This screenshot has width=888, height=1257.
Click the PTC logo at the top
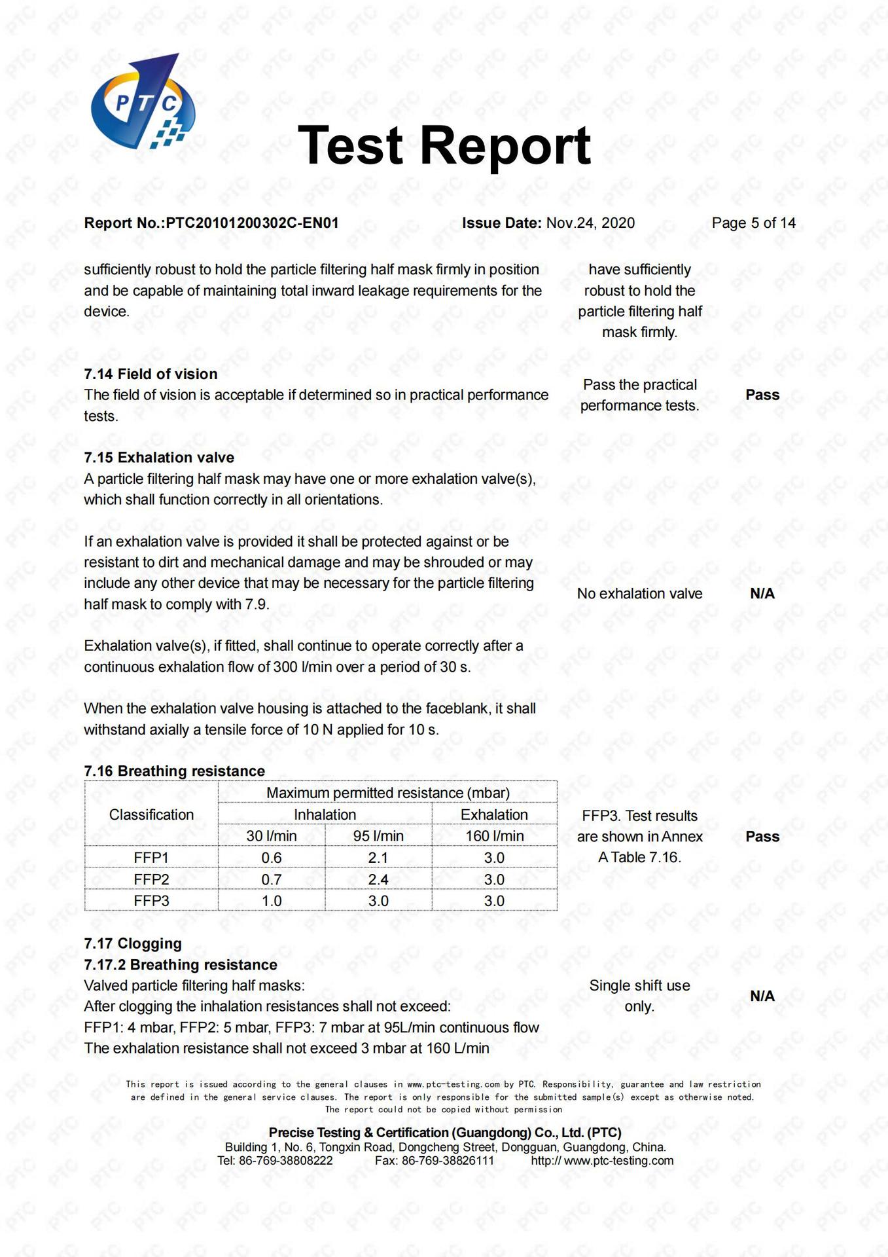click(143, 101)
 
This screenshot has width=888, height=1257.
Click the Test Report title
click(444, 145)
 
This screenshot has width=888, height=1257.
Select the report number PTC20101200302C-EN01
click(252, 223)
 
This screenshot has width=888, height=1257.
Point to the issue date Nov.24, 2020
click(590, 223)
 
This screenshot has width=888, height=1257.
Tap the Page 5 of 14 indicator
click(753, 223)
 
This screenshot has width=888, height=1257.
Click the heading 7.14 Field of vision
click(151, 374)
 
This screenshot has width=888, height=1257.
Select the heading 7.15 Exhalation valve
click(159, 458)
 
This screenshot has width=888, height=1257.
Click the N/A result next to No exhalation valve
click(762, 594)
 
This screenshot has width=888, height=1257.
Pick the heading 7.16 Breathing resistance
click(174, 771)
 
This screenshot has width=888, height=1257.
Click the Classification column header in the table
click(151, 814)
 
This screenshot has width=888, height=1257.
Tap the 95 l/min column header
click(378, 836)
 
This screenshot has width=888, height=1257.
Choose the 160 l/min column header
click(494, 836)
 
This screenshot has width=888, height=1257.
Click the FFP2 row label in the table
click(151, 879)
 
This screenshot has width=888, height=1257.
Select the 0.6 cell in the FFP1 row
click(272, 858)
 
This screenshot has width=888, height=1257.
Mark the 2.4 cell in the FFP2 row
click(378, 879)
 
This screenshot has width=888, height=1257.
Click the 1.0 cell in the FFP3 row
click(272, 901)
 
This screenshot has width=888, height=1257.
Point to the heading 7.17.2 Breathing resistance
click(181, 965)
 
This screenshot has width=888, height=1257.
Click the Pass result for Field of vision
click(762, 395)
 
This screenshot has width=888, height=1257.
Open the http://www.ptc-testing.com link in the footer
click(602, 1161)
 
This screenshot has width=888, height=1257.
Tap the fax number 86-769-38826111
click(448, 1161)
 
